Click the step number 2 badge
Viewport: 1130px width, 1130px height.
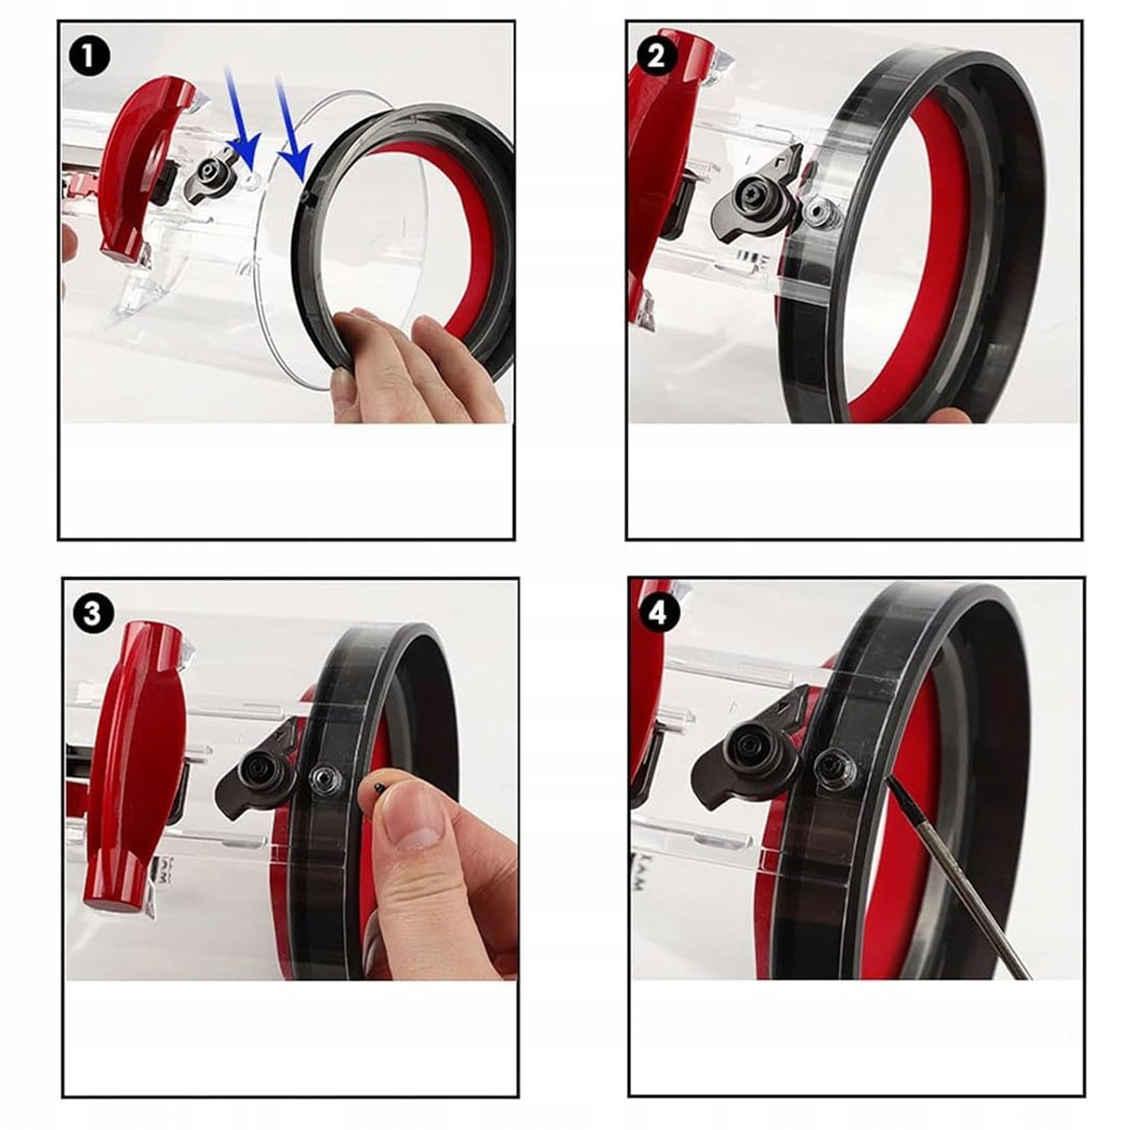pyautogui.click(x=656, y=56)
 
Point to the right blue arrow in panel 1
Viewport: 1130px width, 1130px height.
pyautogui.click(x=293, y=129)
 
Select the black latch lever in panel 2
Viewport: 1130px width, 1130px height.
pyautogui.click(x=756, y=200)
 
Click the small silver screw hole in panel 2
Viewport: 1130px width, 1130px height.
pyautogui.click(x=817, y=212)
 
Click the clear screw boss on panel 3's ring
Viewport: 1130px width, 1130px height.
pyautogui.click(x=326, y=782)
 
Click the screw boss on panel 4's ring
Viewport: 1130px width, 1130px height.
pyautogui.click(x=835, y=766)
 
